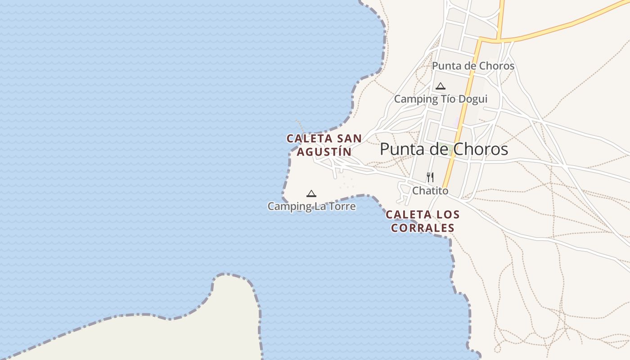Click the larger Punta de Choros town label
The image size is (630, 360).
pyautogui.click(x=444, y=149)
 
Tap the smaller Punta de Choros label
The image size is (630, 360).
pyautogui.click(x=473, y=66)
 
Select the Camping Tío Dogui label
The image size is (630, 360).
pyautogui.click(x=441, y=99)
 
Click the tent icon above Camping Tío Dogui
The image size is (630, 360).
pyautogui.click(x=441, y=86)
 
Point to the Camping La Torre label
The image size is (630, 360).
pyautogui.click(x=311, y=207)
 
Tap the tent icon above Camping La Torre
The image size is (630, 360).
pyautogui.click(x=311, y=194)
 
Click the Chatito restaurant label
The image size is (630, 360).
pyautogui.click(x=430, y=191)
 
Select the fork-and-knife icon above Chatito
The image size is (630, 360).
pyautogui.click(x=430, y=177)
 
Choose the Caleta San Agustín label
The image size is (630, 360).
pyautogui.click(x=324, y=145)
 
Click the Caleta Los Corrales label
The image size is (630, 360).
pyautogui.click(x=423, y=221)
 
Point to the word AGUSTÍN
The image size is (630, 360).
pyautogui.click(x=324, y=152)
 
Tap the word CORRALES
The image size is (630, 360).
pyautogui.click(x=423, y=228)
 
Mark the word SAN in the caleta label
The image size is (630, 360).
pyautogui.click(x=349, y=139)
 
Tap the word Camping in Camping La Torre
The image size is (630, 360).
pyautogui.click(x=285, y=207)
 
